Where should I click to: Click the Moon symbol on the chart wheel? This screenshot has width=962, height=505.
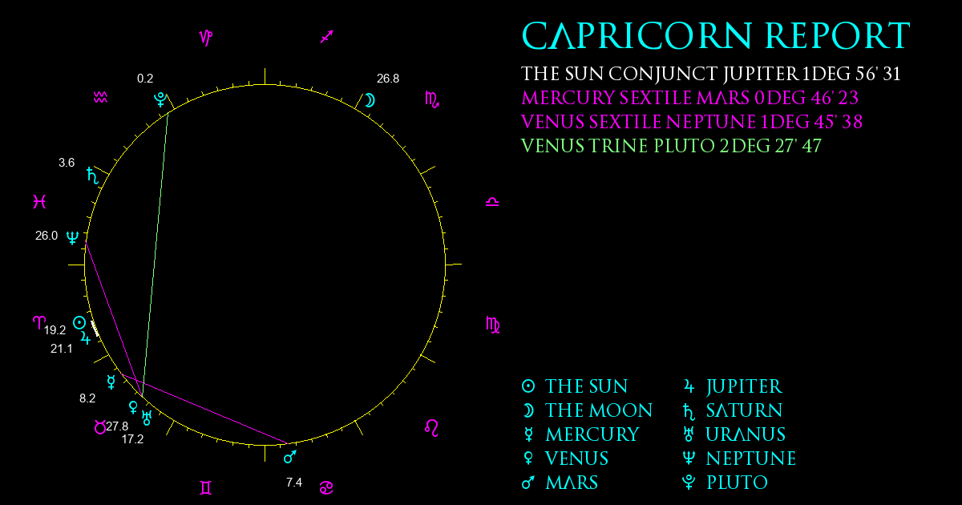click(x=370, y=100)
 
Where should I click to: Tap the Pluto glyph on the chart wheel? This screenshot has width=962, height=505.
click(x=160, y=99)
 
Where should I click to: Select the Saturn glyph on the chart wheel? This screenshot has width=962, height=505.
click(x=93, y=176)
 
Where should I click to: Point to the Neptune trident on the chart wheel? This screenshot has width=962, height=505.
click(x=72, y=237)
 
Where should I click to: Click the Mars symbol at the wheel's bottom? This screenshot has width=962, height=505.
click(x=290, y=457)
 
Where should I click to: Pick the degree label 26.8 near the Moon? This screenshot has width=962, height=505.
click(x=388, y=79)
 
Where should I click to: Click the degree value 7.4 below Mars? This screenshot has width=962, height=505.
click(x=294, y=483)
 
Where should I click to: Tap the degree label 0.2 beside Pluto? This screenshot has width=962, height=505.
click(x=145, y=79)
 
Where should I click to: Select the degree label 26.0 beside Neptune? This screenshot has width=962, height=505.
click(x=46, y=236)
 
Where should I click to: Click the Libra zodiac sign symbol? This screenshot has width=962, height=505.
click(x=492, y=202)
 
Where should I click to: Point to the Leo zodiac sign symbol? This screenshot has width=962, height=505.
click(x=431, y=428)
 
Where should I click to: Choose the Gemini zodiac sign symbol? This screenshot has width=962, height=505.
click(x=206, y=488)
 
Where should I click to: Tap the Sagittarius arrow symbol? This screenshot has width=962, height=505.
click(x=327, y=37)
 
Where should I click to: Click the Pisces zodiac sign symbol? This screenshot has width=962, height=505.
click(x=39, y=201)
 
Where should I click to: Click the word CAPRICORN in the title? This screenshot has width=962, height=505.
click(x=637, y=36)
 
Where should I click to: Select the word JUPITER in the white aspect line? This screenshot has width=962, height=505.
click(x=761, y=74)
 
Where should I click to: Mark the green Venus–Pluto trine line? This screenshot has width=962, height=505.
click(x=155, y=253)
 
